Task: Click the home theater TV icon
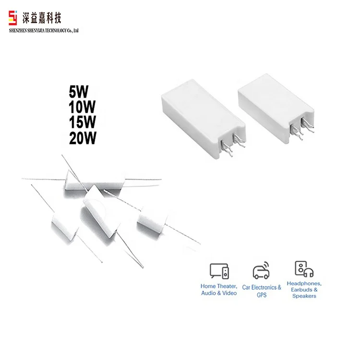(219, 271)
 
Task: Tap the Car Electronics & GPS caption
(262, 291)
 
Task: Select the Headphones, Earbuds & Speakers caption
(304, 290)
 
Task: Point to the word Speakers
(304, 296)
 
